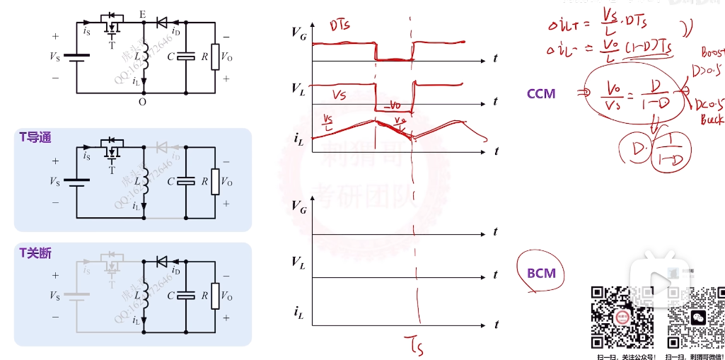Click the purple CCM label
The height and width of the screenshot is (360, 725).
[541, 93]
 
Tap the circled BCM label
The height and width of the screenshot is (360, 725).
[541, 273]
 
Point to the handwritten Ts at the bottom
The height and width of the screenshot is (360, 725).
[414, 344]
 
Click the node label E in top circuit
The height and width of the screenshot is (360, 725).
[144, 14]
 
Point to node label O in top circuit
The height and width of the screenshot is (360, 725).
[143, 102]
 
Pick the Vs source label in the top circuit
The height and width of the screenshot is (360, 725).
[54, 57]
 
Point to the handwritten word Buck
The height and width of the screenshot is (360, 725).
[711, 120]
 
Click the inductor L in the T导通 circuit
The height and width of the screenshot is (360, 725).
[144, 182]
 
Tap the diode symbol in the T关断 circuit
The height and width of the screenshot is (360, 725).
[162, 262]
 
